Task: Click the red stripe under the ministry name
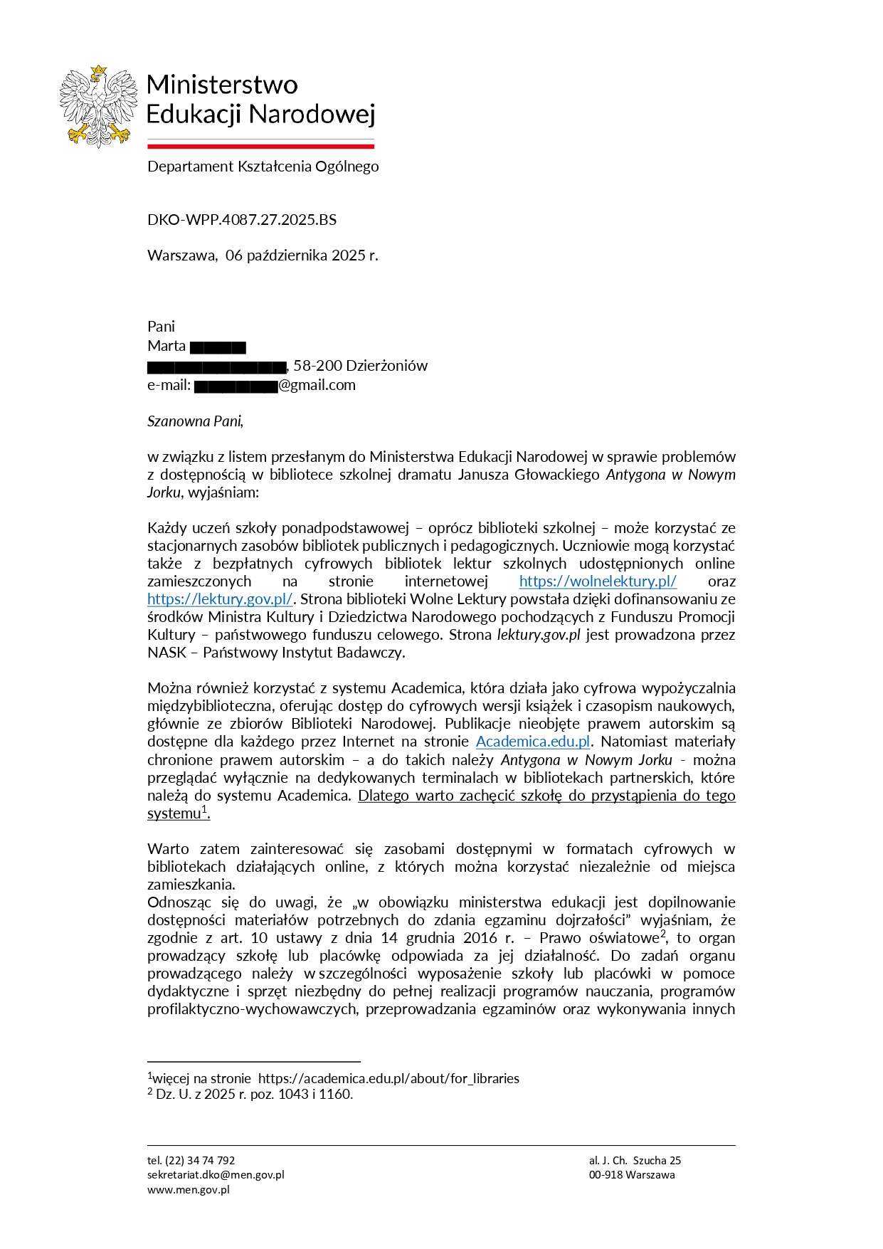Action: pos(260,147)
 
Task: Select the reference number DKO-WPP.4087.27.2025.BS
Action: pos(242,219)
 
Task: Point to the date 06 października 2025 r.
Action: pos(302,255)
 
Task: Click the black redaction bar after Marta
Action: pos(218,347)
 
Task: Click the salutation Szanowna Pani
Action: pos(195,421)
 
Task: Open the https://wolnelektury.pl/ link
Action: pos(598,581)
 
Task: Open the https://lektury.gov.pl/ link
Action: pos(220,599)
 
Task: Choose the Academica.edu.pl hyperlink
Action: pos(533,742)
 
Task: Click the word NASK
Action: pos(166,652)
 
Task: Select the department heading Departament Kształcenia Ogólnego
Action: pos(263,166)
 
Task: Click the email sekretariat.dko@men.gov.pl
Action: pos(216,1174)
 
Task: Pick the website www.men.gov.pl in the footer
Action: pos(188,1189)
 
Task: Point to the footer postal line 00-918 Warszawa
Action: pos(631,1174)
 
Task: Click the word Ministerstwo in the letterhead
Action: pos(222,84)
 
